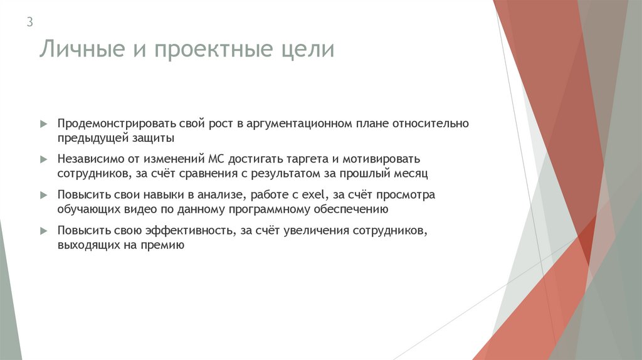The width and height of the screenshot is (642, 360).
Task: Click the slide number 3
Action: [x=29, y=23]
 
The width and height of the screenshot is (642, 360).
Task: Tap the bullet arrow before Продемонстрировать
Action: [x=43, y=124]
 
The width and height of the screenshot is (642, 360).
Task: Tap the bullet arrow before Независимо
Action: [x=43, y=160]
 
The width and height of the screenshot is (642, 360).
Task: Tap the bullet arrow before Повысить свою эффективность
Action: [x=43, y=231]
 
